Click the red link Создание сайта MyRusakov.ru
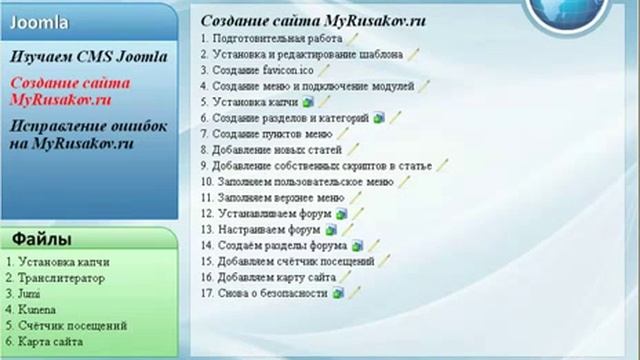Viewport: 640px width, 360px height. [75, 92]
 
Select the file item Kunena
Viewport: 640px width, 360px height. [32, 310]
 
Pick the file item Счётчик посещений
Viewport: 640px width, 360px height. [71, 326]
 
